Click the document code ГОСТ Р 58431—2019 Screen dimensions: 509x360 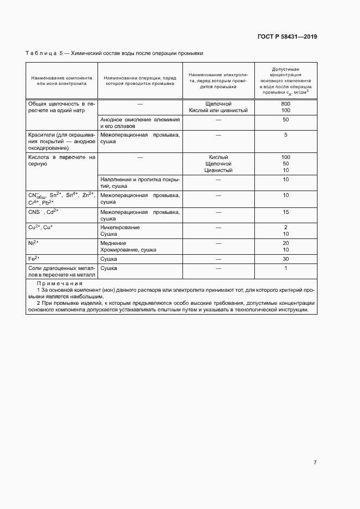(286, 37)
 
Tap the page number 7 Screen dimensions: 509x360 (315, 463)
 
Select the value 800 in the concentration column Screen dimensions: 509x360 (285, 103)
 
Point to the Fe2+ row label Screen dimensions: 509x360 (34, 259)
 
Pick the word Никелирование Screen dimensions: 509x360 (120, 227)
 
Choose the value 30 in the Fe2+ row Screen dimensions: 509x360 (285, 259)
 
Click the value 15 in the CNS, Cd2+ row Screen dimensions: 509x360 (285, 212)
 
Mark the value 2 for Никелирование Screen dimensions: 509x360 (285, 227)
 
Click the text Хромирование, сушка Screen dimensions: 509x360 (128, 250)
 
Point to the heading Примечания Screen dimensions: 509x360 (59, 284)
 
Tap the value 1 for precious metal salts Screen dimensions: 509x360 (285, 268)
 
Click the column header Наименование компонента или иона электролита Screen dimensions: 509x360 (62, 81)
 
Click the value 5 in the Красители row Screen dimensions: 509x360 (285, 135)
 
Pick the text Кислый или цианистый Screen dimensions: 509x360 (218, 111)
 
